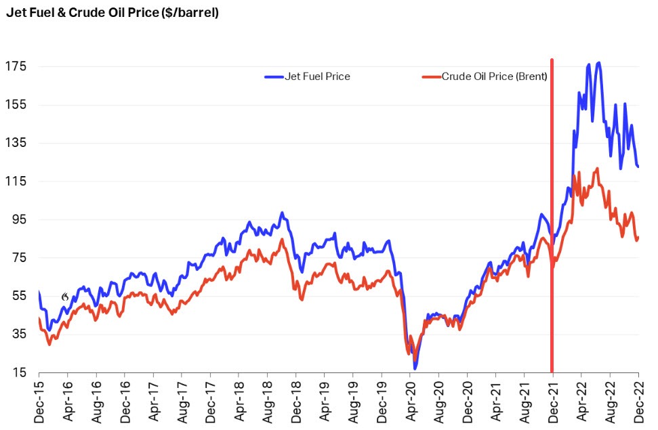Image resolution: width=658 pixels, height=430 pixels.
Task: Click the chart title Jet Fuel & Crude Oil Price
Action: click(112, 13)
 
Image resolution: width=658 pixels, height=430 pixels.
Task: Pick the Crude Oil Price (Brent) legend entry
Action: click(485, 77)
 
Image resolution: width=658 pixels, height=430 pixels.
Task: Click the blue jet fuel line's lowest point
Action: click(415, 368)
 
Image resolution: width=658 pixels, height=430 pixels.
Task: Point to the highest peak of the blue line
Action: click(598, 63)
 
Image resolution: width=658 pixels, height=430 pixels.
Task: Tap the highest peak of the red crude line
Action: click(596, 169)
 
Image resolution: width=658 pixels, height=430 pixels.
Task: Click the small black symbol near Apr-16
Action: click(65, 297)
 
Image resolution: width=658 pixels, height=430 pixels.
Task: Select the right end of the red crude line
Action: click(638, 237)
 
